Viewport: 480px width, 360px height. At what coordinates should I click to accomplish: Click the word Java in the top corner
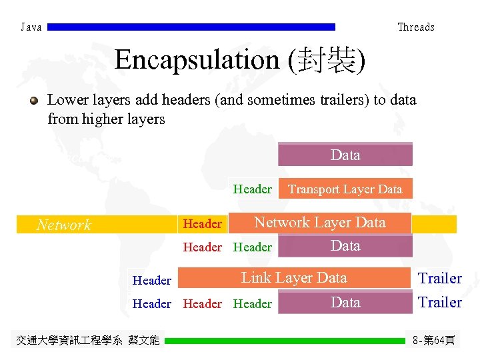[31, 27]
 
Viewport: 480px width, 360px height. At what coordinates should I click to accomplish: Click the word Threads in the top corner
[415, 27]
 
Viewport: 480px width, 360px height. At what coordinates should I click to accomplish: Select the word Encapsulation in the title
[198, 60]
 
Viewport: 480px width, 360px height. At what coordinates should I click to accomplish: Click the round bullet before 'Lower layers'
[33, 101]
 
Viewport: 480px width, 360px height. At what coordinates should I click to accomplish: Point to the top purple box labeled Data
[345, 155]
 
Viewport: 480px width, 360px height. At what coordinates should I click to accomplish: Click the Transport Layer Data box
[345, 189]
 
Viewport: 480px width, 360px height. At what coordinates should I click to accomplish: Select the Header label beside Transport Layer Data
[252, 189]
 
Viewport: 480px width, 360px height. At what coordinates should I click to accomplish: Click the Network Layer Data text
[320, 223]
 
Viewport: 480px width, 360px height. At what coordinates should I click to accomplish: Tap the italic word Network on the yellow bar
[63, 225]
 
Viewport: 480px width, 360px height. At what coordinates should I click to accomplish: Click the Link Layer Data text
[294, 278]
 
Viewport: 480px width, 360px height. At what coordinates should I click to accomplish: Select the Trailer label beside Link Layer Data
[439, 278]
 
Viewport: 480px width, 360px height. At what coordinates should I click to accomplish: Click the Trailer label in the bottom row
[439, 303]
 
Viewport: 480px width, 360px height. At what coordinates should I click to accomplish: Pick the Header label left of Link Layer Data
[152, 281]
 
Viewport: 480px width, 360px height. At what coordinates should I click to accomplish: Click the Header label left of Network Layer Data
[202, 224]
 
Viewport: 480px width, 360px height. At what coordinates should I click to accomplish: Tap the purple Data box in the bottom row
[345, 303]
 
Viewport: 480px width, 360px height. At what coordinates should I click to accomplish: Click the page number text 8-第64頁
[434, 341]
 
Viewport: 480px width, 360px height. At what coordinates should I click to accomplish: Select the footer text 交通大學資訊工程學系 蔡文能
[87, 341]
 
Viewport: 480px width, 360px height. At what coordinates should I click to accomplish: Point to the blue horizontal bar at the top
[191, 27]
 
